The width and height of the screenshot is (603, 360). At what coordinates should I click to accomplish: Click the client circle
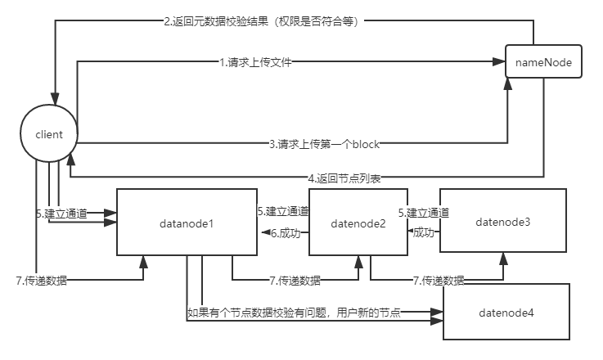coord(50,133)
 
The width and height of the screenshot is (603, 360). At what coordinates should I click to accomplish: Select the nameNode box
coord(543,61)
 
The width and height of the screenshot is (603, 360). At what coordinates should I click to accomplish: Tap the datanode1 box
coord(187,222)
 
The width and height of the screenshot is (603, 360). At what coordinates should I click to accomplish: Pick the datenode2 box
coord(358,222)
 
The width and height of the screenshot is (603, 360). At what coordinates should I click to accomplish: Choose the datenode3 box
coord(502,221)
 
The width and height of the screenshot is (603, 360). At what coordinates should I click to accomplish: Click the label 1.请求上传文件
coord(255,62)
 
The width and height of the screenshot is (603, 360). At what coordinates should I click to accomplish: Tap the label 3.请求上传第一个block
coord(324,144)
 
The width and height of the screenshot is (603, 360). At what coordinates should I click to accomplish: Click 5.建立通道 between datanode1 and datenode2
coord(282,211)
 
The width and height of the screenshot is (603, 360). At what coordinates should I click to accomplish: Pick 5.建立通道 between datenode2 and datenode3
coord(424,213)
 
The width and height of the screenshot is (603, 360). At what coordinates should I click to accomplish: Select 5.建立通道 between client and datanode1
coord(57,213)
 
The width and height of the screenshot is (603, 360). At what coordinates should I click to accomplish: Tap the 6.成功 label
coord(286,232)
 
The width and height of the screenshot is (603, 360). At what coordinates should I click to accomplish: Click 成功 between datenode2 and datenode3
coord(423,232)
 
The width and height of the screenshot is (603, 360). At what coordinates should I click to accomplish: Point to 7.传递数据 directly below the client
coord(42,281)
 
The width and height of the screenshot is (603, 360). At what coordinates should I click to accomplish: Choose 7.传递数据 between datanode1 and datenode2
coord(295,281)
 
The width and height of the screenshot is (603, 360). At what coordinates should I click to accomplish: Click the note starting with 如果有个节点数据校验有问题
coord(294,312)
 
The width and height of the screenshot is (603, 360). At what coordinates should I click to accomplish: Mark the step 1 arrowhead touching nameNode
coord(500,62)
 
